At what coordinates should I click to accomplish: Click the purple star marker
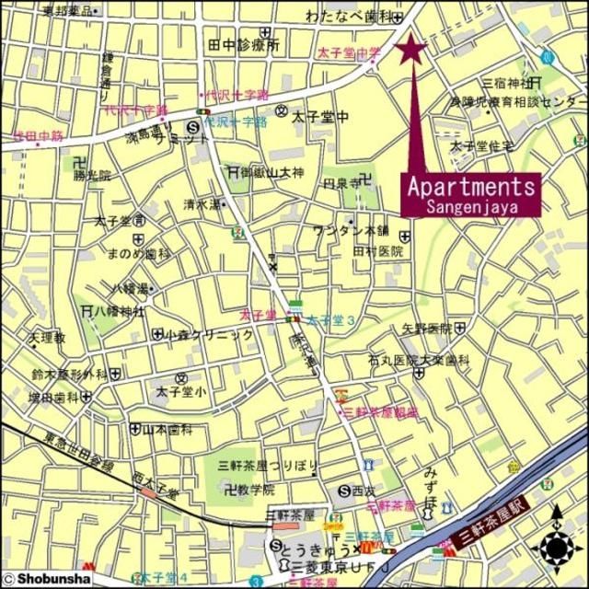point(411,49)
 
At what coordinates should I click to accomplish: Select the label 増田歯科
point(52,398)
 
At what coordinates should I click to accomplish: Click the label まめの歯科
point(139,254)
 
